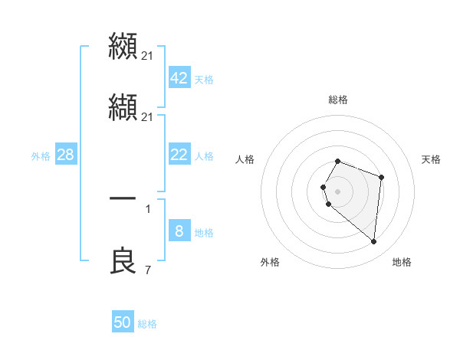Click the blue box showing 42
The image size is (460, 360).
click(179, 78)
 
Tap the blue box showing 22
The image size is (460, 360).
click(179, 155)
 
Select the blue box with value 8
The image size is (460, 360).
click(179, 231)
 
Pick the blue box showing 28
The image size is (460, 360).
click(66, 155)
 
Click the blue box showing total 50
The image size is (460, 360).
click(123, 322)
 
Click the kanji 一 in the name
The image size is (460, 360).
click(123, 198)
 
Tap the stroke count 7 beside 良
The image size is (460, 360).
click(147, 270)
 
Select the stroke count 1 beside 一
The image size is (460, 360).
click(147, 207)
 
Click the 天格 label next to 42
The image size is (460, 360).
click(204, 80)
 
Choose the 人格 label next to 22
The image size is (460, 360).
click(204, 156)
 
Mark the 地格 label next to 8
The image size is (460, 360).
click(204, 233)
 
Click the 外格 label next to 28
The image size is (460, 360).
click(41, 156)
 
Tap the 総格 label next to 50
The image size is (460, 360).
click(147, 324)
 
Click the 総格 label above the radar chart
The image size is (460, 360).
click(338, 100)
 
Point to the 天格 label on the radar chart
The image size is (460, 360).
click(432, 159)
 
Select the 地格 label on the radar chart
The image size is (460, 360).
click(402, 263)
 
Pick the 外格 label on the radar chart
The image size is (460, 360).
click(270, 263)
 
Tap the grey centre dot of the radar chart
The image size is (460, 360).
click(337, 191)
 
